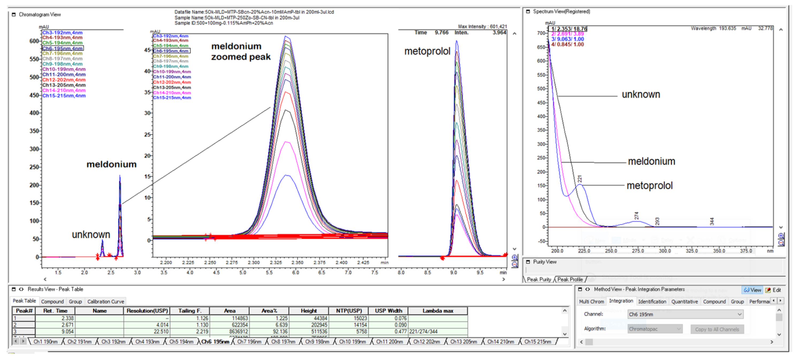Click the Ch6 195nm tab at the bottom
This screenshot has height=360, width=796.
(215, 342)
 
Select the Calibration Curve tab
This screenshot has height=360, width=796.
(105, 301)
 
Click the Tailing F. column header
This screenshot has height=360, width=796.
(190, 311)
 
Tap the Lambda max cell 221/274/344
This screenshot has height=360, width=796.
(423, 331)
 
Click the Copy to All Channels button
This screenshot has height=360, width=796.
(717, 329)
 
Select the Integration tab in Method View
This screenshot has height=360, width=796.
(621, 301)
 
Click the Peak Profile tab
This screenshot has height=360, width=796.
(570, 279)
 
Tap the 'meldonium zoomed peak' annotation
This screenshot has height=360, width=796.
(241, 52)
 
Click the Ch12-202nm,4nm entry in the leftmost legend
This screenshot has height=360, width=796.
(64, 80)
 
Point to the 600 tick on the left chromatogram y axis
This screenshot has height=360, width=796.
(34, 41)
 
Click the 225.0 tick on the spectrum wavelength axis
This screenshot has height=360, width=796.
(584, 251)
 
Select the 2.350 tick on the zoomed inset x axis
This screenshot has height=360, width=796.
(297, 262)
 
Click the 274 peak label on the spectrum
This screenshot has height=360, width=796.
(636, 216)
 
